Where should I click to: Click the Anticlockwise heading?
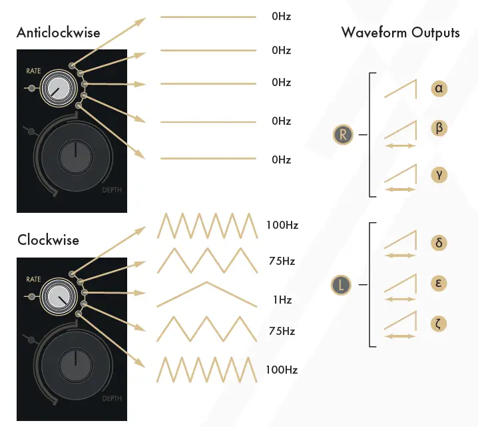(59, 33)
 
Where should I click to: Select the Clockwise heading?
(48, 240)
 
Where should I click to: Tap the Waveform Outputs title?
(400, 33)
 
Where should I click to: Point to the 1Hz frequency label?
(282, 300)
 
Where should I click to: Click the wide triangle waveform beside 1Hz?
(206, 294)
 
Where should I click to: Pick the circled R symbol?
(342, 135)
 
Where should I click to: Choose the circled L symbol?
(341, 286)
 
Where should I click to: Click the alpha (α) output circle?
(439, 88)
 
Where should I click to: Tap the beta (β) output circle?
(439, 128)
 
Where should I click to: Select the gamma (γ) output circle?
(439, 175)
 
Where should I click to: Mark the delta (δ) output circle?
(439, 242)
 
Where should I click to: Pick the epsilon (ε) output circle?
(439, 283)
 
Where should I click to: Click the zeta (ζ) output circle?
(439, 324)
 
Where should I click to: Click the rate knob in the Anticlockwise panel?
(56, 88)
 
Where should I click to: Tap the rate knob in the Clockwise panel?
(56, 296)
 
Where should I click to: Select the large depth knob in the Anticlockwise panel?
(76, 156)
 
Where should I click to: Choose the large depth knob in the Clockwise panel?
(76, 364)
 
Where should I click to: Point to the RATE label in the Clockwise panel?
(33, 279)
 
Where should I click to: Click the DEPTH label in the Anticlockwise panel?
(112, 190)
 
